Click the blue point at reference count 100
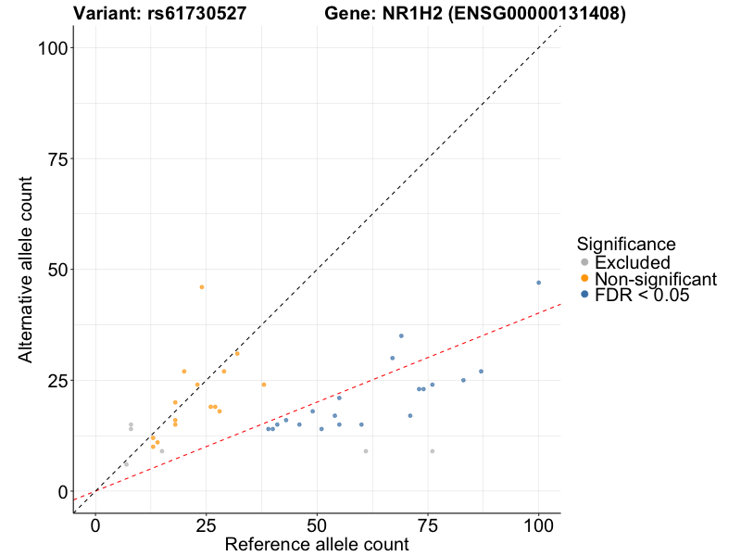click(538, 283)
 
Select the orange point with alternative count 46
click(202, 287)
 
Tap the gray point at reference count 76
click(432, 451)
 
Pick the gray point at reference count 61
click(366, 451)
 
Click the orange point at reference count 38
click(263, 385)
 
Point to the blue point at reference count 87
click(481, 372)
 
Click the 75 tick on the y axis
click(73, 158)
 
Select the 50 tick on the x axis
click(317, 512)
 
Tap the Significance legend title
click(625, 245)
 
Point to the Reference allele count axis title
click(317, 544)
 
